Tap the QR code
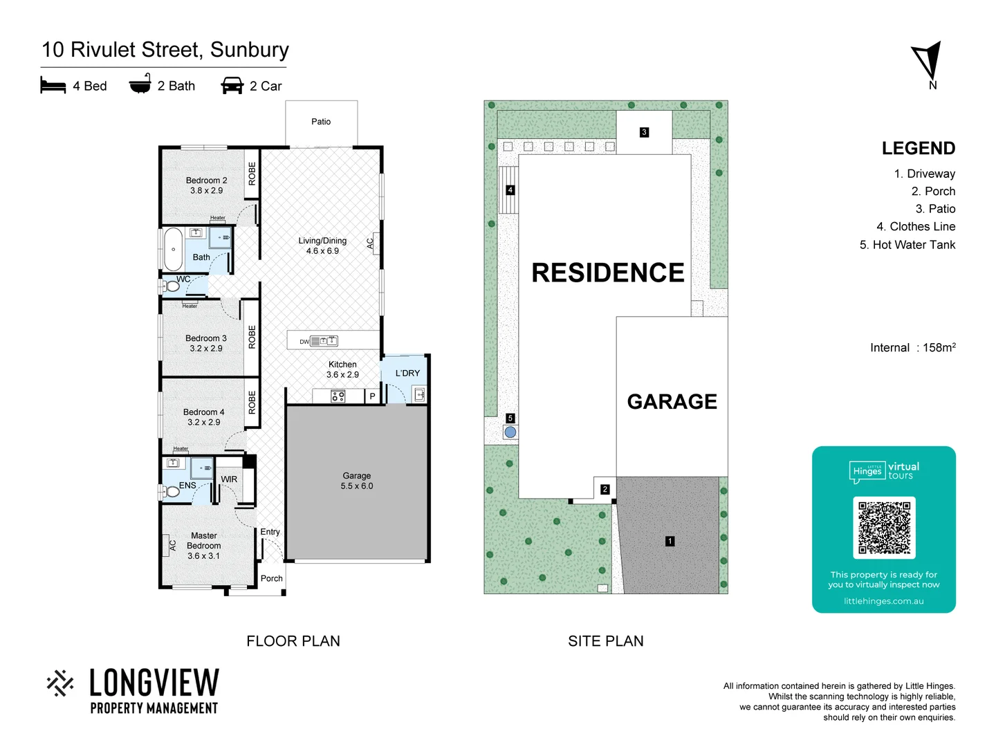[x=884, y=527]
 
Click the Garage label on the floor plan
[x=356, y=481]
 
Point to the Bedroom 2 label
[x=206, y=185]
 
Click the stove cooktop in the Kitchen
[x=338, y=396]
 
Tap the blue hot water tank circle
[x=510, y=432]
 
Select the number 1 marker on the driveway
[x=670, y=541]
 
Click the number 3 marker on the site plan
[x=644, y=132]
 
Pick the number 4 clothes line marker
[x=510, y=190]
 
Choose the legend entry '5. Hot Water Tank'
[x=907, y=245]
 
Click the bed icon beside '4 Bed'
[x=53, y=86]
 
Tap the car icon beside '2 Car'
[x=232, y=86]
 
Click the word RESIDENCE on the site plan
[x=607, y=273]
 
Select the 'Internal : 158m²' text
[x=912, y=347]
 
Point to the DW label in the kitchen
[x=304, y=342]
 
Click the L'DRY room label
[x=407, y=373]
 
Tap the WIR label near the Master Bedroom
[x=229, y=479]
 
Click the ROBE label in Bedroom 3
[x=252, y=336]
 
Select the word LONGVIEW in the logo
[x=154, y=683]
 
